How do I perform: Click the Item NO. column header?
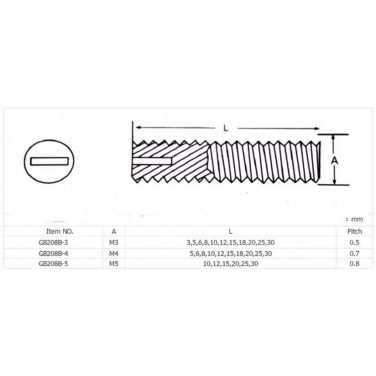(x=60, y=232)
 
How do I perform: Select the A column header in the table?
(x=114, y=232)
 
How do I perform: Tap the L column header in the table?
(x=231, y=232)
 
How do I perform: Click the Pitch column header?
(x=354, y=232)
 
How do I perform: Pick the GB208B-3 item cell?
(x=53, y=243)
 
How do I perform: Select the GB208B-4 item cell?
(x=53, y=253)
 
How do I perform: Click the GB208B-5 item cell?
(x=53, y=264)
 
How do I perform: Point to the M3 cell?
(x=114, y=243)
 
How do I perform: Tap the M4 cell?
(x=114, y=253)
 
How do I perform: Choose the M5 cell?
(x=114, y=264)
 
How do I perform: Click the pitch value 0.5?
(x=354, y=243)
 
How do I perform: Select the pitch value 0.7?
(x=354, y=253)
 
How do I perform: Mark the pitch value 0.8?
(x=354, y=264)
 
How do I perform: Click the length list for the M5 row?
(x=231, y=264)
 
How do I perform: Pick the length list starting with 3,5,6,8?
(x=231, y=243)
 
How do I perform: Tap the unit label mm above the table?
(x=357, y=219)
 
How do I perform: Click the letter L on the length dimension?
(x=226, y=128)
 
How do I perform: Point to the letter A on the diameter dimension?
(x=335, y=160)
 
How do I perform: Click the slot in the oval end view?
(x=49, y=161)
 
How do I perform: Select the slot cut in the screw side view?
(x=152, y=161)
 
